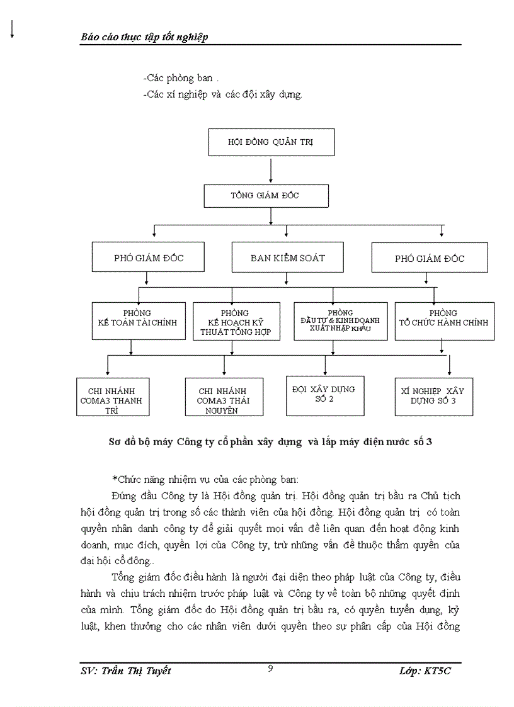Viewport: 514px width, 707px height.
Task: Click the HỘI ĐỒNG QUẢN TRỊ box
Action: coord(271,142)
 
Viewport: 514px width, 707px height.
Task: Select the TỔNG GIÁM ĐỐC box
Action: coord(266,196)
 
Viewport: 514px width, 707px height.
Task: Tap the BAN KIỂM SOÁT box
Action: coord(288,258)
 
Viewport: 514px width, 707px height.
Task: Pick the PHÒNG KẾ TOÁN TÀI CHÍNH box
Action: coord(139,321)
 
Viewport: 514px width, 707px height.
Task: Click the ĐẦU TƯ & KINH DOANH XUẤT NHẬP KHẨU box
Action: coord(341,321)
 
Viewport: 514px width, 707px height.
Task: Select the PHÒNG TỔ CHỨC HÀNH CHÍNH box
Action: coord(443,321)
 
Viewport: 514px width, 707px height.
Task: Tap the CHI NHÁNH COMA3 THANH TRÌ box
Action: coord(112,397)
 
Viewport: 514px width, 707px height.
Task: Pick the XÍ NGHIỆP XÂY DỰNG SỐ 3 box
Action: coord(433,397)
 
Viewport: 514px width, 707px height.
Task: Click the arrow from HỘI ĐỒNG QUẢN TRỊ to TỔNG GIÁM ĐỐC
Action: coord(271,170)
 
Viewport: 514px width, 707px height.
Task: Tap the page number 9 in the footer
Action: coord(270,669)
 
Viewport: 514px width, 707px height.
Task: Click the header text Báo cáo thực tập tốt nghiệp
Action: coord(145,37)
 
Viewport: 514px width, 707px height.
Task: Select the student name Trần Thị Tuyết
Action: coord(126,671)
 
